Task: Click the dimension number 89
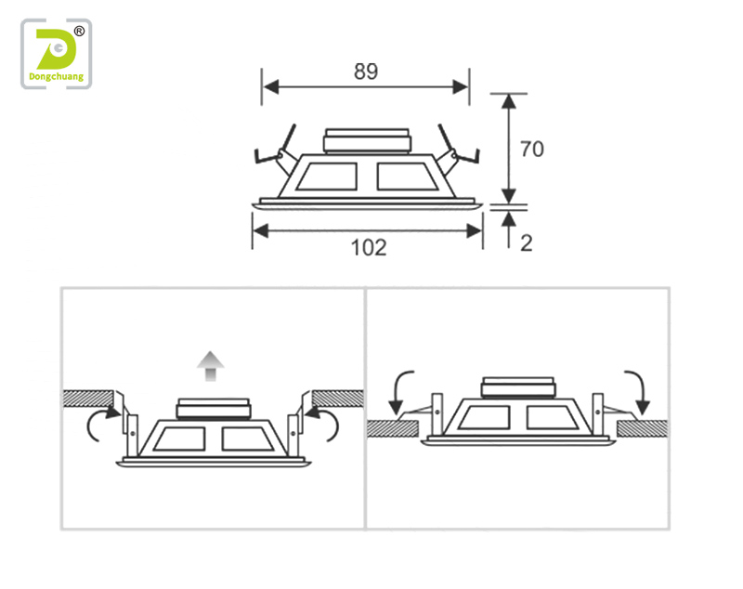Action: pos(366,72)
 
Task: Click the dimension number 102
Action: pos(369,248)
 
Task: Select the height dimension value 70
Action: pos(532,150)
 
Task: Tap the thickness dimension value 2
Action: pos(527,243)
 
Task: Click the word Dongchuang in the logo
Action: pos(57,77)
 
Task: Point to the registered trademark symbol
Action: pos(79,32)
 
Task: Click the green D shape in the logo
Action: pos(56,49)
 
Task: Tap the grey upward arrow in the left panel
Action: pos(211,366)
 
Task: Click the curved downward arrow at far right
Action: pos(637,392)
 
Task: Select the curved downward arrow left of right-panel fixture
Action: pos(398,392)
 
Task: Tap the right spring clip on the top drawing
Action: pos(457,150)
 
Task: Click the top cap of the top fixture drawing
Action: pos(367,141)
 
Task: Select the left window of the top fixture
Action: pos(328,177)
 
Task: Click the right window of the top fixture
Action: pos(407,177)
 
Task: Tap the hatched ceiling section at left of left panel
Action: pos(88,399)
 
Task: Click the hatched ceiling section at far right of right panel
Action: pos(643,429)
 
